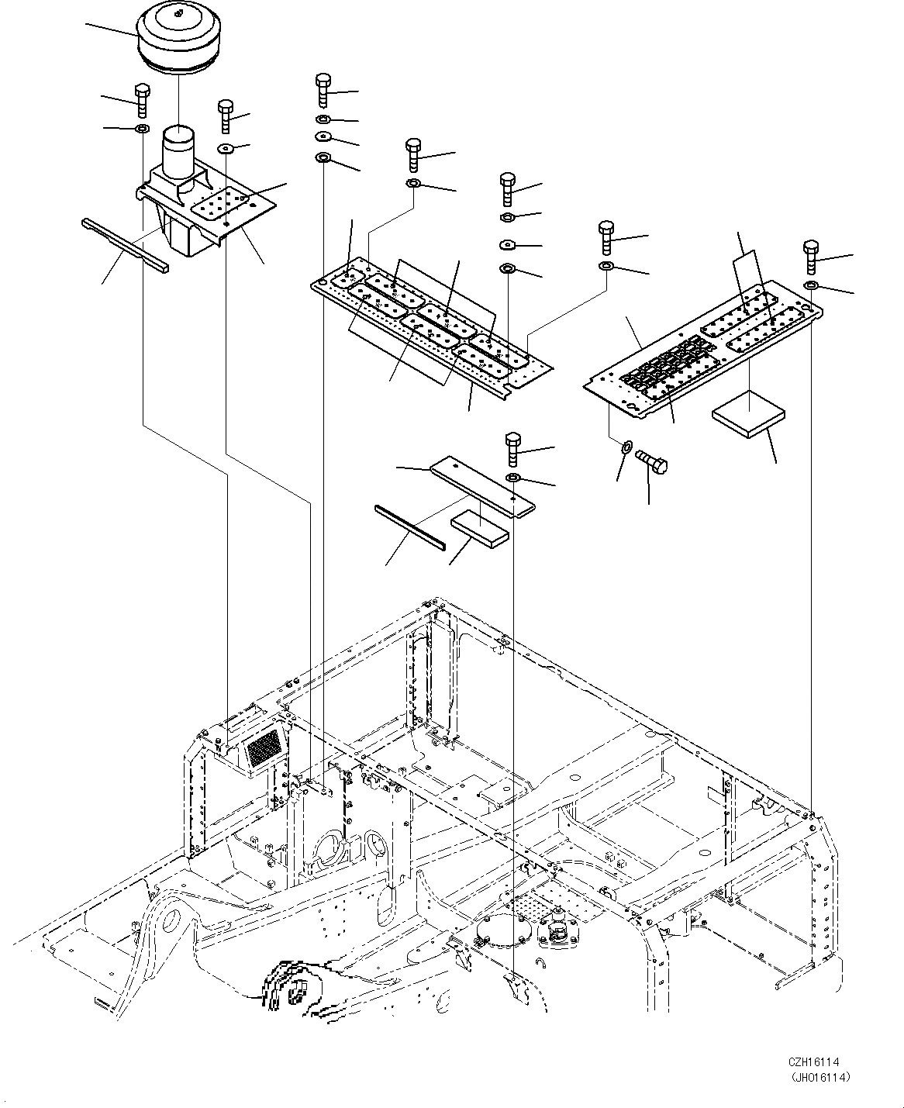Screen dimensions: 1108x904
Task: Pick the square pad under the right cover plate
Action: [x=748, y=419]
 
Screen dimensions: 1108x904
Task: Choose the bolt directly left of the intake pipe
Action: [x=143, y=98]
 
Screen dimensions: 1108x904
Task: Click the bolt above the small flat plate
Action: [x=514, y=448]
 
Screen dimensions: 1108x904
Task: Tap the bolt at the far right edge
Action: [x=811, y=257]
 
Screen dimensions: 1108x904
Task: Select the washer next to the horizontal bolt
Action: [x=626, y=449]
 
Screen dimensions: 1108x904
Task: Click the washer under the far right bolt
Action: [x=811, y=288]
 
